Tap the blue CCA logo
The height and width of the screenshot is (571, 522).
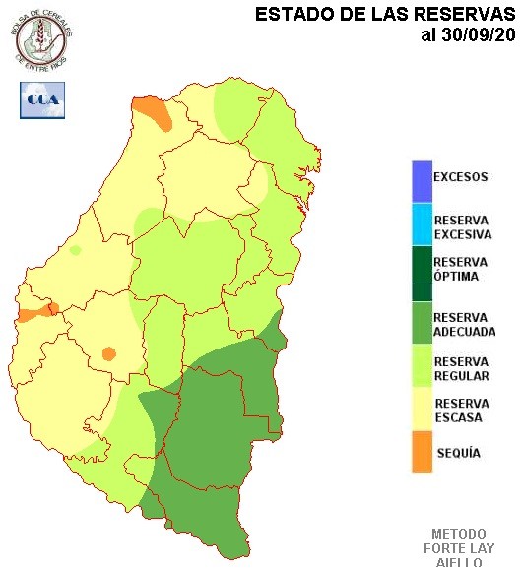coord(41,99)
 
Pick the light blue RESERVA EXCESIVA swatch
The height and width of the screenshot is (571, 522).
coord(422,225)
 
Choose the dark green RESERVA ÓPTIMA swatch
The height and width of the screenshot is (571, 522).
coord(422,269)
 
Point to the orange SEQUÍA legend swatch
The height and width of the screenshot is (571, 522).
coord(422,453)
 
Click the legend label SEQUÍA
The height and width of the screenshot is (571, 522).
coord(457,453)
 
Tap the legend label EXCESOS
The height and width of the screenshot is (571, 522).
coord(460,177)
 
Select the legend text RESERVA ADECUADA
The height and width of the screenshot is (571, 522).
coord(464,324)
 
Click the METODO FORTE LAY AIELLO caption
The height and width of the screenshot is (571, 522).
coord(458,547)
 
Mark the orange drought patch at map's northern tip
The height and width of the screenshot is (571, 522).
coord(152,111)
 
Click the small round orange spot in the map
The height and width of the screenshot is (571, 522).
coord(108,352)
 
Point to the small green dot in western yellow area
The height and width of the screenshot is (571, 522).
coord(75,250)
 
